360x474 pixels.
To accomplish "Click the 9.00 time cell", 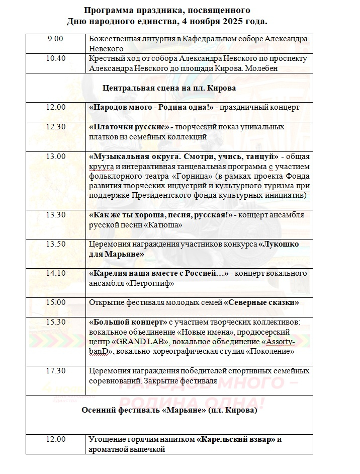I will [55, 39].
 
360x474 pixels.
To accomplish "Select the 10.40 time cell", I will [55, 58].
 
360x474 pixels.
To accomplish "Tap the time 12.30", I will [55, 127].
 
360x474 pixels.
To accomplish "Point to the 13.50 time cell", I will [55, 244].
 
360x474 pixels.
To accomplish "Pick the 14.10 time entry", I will [55, 273].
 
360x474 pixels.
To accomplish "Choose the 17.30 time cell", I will [55, 371].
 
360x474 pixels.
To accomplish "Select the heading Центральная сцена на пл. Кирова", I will [169, 88].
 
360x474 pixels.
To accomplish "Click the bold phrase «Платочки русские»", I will [129, 127].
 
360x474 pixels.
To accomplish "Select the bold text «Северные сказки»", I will [261, 302].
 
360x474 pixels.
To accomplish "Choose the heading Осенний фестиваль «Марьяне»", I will [169, 410].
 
